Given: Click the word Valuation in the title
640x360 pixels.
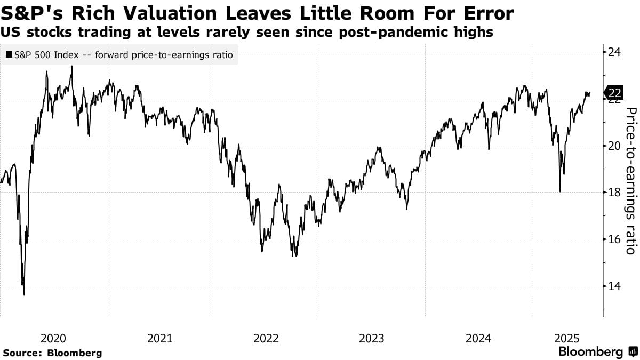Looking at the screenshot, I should point(170,13).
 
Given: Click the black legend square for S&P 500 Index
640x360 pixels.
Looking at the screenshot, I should point(9,55).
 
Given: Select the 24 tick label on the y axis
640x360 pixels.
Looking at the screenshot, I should point(614,52).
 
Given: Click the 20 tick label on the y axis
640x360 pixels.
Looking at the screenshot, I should point(614,146).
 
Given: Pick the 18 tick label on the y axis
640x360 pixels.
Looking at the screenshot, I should point(614,193).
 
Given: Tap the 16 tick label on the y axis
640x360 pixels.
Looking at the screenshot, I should point(614,239).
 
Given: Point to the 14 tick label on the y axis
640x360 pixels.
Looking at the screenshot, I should point(614,286).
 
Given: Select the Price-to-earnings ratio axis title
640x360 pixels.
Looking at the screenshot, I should point(630,180).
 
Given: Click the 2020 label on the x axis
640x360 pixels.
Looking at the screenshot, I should point(53,338).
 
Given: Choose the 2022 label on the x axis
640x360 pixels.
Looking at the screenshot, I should point(266,338).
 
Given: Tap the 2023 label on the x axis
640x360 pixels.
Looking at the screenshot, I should point(372,338).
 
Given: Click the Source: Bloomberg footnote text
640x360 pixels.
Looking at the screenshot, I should point(52,353).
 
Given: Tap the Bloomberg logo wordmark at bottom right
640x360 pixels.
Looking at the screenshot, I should point(590,352).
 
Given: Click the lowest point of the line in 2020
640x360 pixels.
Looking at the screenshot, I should point(25,294).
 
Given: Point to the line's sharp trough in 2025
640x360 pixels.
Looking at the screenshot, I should point(559,191).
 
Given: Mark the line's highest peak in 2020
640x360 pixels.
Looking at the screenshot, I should point(71,67).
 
